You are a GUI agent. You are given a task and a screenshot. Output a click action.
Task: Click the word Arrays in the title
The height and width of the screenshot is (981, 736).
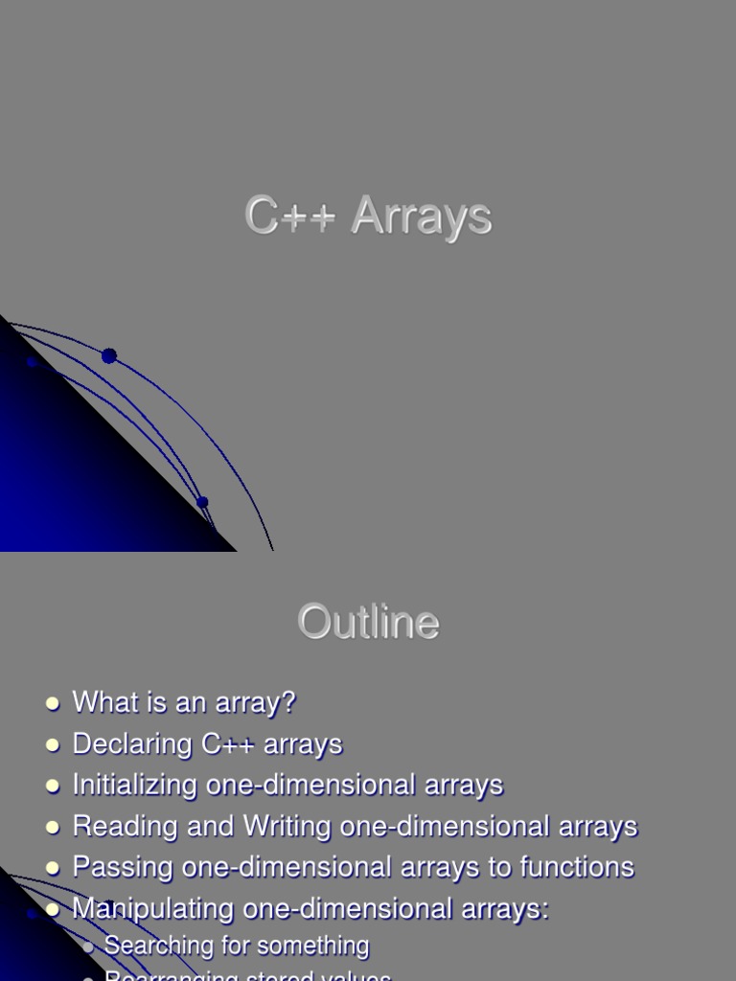[x=421, y=216]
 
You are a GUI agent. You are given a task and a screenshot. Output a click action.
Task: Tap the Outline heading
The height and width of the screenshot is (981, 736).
[x=368, y=623]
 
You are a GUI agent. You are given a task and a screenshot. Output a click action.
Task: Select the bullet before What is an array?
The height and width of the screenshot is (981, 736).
[x=53, y=704]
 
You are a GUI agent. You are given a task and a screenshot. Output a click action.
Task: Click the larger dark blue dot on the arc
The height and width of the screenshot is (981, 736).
[x=109, y=356]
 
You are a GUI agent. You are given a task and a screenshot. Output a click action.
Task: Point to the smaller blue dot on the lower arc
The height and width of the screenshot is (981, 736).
[x=202, y=502]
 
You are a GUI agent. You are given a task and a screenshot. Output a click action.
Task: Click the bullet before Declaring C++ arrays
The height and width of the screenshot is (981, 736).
[x=53, y=745]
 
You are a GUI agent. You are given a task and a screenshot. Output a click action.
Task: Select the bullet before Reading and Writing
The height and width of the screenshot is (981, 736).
[x=53, y=828]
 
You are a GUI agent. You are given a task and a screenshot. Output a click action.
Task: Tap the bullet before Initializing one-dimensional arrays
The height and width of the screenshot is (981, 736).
[x=53, y=787]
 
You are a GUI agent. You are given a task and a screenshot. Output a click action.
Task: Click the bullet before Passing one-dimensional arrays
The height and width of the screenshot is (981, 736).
[x=53, y=869]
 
